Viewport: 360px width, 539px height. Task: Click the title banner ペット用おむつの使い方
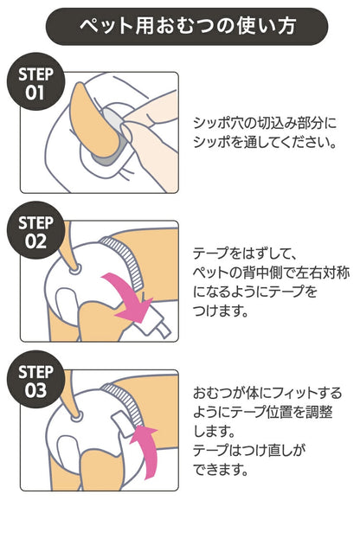click(187, 27)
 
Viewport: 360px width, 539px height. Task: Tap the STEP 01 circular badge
click(35, 81)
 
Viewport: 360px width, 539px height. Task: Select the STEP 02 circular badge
click(35, 230)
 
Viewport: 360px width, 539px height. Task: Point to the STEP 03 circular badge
click(35, 379)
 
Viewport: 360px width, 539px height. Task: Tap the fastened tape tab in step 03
click(123, 424)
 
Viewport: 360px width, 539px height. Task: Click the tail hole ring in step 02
click(75, 269)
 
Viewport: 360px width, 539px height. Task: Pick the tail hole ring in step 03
click(76, 417)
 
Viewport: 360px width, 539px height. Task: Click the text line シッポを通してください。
click(265, 142)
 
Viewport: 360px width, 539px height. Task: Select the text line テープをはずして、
click(243, 253)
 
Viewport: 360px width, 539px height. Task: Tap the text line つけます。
click(221, 311)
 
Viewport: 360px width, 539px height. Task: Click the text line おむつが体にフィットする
click(267, 393)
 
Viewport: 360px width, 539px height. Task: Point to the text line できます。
click(221, 470)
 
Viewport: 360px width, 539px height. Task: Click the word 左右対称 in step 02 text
click(312, 273)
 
